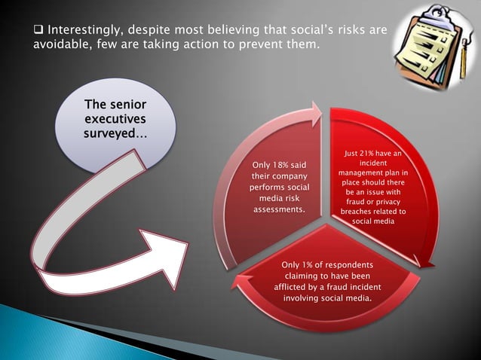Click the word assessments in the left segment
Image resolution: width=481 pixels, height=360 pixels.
click(279, 209)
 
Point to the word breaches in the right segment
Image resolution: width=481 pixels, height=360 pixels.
click(358, 212)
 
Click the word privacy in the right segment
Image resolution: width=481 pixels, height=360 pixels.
click(391, 202)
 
